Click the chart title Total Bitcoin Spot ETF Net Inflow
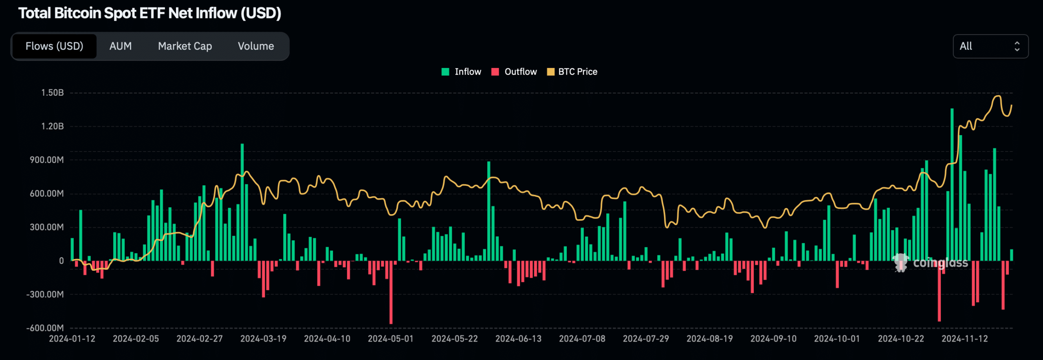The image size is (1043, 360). [150, 13]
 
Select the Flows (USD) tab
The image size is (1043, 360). [54, 46]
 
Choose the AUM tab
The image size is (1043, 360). [120, 46]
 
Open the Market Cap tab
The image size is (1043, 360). [185, 46]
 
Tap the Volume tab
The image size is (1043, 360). [255, 46]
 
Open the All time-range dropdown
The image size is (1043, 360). [990, 46]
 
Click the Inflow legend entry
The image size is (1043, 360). [462, 72]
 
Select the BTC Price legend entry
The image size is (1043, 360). [572, 72]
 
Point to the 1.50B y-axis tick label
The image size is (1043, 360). [53, 93]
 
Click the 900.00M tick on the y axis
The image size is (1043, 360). [47, 160]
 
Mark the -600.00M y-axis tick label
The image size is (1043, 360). [45, 328]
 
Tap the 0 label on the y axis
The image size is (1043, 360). [62, 261]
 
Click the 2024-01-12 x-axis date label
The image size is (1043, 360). [72, 339]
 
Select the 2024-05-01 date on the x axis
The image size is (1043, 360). [391, 339]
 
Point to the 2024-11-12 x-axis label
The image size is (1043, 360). [964, 339]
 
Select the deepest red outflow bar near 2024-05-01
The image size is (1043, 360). [391, 292]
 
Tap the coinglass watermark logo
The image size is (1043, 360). [931, 263]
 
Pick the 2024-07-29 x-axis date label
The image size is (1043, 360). [646, 339]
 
